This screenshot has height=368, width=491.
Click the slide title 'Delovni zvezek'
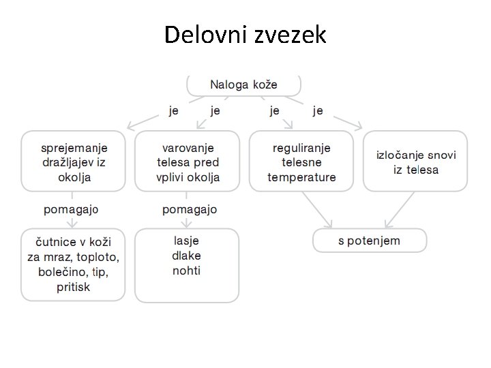click(245, 34)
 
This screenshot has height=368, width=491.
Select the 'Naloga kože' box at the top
click(244, 85)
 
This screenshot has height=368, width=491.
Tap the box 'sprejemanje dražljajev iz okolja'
click(74, 162)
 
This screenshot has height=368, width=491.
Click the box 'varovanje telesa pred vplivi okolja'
click(188, 162)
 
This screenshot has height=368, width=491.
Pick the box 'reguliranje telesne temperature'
click(301, 162)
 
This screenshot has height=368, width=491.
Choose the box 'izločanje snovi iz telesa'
click(415, 162)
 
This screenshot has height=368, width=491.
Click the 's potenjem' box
click(370, 241)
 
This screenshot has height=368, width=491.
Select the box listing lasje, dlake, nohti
click(187, 264)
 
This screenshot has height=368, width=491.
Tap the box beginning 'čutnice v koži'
click(74, 264)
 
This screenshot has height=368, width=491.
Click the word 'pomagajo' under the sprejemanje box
click(71, 209)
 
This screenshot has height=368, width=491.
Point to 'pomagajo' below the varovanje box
click(190, 209)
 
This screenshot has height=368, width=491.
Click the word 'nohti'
click(187, 271)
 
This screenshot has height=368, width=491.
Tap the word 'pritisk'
click(74, 287)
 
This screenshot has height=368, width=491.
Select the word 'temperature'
click(301, 177)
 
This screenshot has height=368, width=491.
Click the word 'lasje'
click(187, 241)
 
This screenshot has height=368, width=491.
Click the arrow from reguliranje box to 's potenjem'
click(316, 209)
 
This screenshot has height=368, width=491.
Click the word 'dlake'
click(187, 256)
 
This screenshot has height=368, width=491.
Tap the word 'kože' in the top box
click(264, 85)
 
